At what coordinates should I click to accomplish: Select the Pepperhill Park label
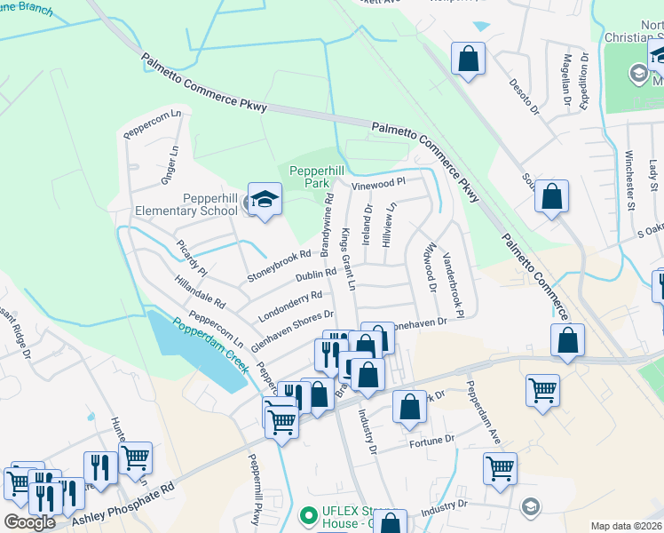305,175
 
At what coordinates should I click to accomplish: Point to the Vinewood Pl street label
378,184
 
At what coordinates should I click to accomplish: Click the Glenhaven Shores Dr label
291,328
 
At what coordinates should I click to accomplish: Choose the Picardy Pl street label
191,259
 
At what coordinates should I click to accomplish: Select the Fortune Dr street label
431,439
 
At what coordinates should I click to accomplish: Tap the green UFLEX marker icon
309,514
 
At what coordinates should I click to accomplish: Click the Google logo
29,521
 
